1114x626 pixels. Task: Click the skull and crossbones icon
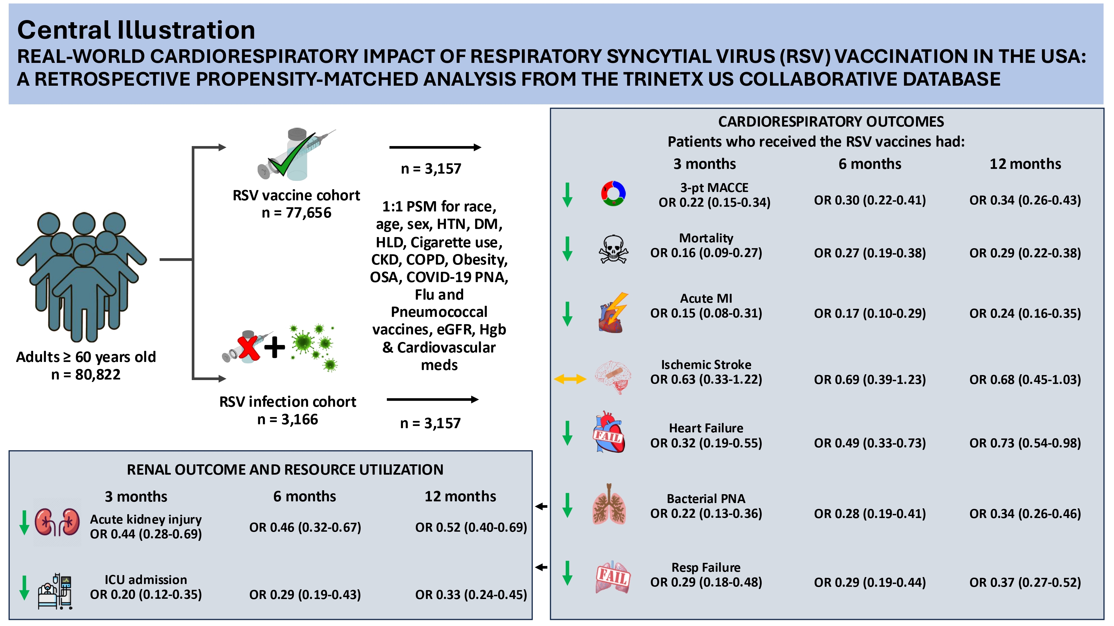point(613,249)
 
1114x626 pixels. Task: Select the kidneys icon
point(57,522)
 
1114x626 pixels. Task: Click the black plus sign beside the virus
point(275,347)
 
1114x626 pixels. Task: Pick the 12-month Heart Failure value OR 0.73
point(1025,443)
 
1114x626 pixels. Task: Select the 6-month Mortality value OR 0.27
point(870,253)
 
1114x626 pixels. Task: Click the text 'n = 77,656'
point(296,213)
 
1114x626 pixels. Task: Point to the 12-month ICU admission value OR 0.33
point(471,595)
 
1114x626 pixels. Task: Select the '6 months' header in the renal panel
point(304,496)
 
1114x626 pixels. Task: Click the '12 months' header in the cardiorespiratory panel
point(1025,164)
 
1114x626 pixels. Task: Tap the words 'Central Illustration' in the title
point(136,30)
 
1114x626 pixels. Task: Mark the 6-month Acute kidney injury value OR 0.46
point(305,527)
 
